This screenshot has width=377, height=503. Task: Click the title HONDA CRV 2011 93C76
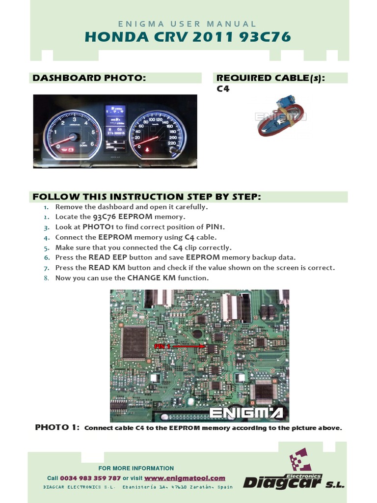188,37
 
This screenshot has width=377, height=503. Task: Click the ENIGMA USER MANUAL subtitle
188,24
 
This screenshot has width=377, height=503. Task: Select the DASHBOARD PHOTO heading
89,78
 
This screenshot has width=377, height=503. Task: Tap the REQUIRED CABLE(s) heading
270,78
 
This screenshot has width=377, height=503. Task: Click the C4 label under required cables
223,89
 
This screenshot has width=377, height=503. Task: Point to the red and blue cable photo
280,116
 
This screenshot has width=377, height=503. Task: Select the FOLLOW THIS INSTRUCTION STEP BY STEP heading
146,197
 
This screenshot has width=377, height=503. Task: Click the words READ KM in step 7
104,268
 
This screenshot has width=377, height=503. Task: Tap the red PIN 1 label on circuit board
162,346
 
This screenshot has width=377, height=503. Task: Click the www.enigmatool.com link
185,478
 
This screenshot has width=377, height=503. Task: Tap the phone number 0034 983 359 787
90,478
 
